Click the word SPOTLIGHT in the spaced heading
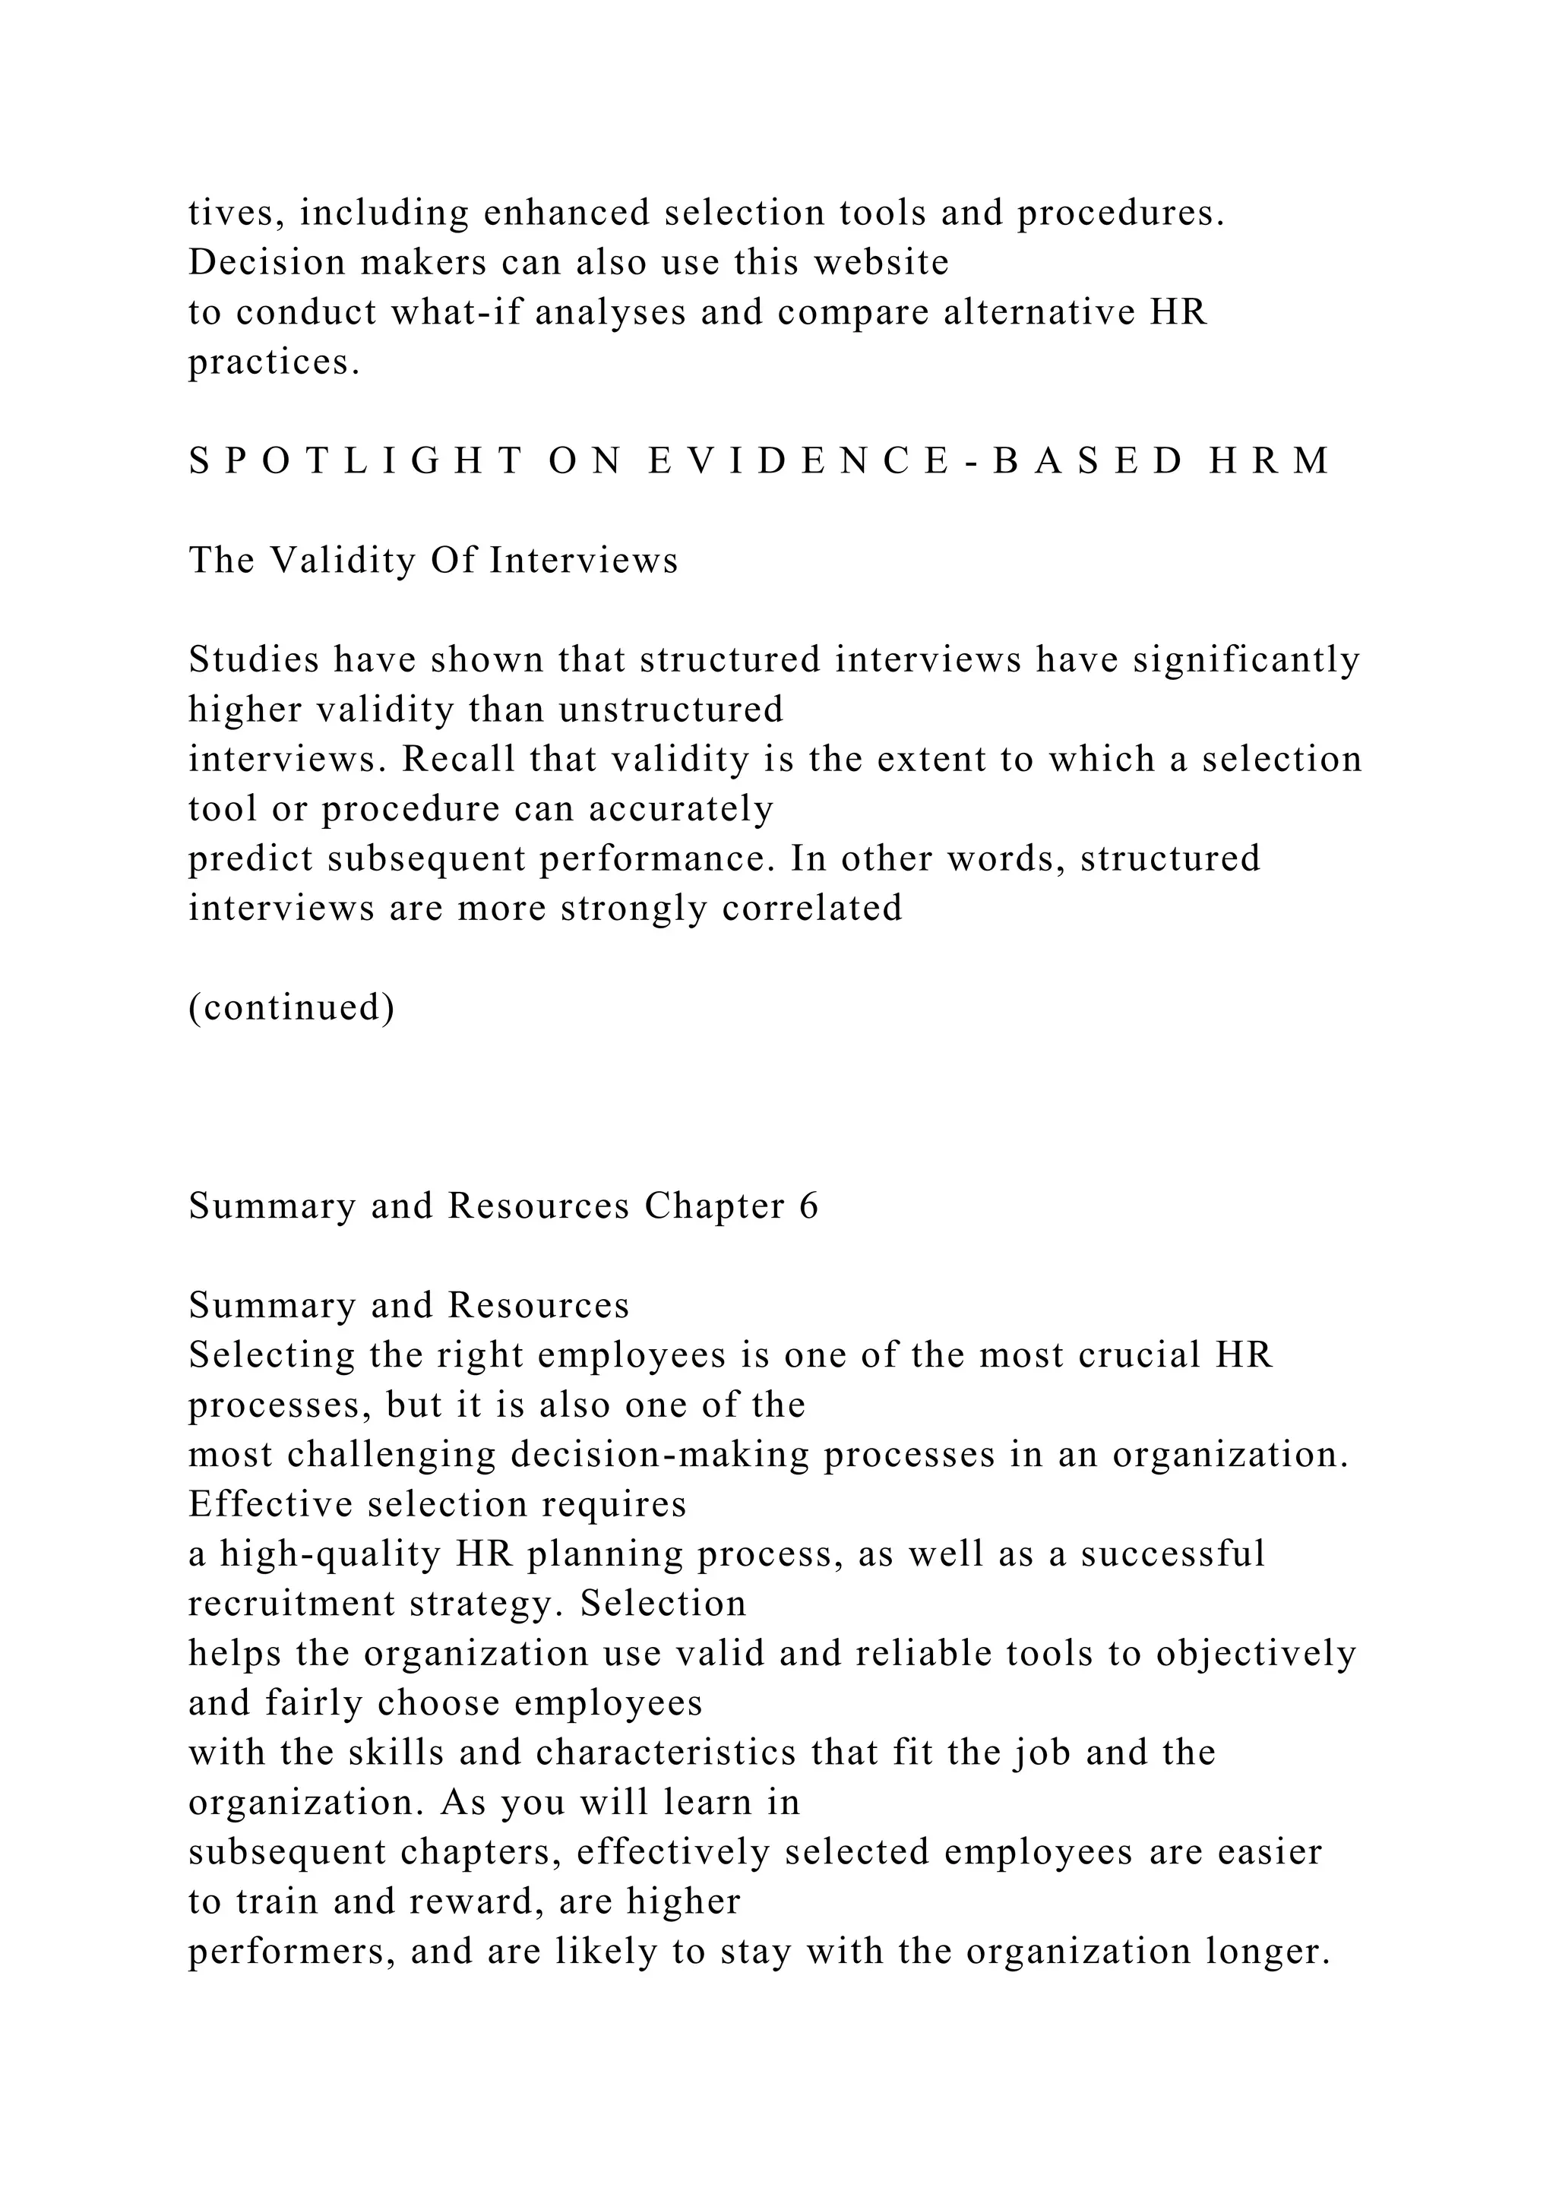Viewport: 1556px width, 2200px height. pyautogui.click(x=356, y=462)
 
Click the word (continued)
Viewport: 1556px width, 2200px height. pyautogui.click(x=291, y=1008)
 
